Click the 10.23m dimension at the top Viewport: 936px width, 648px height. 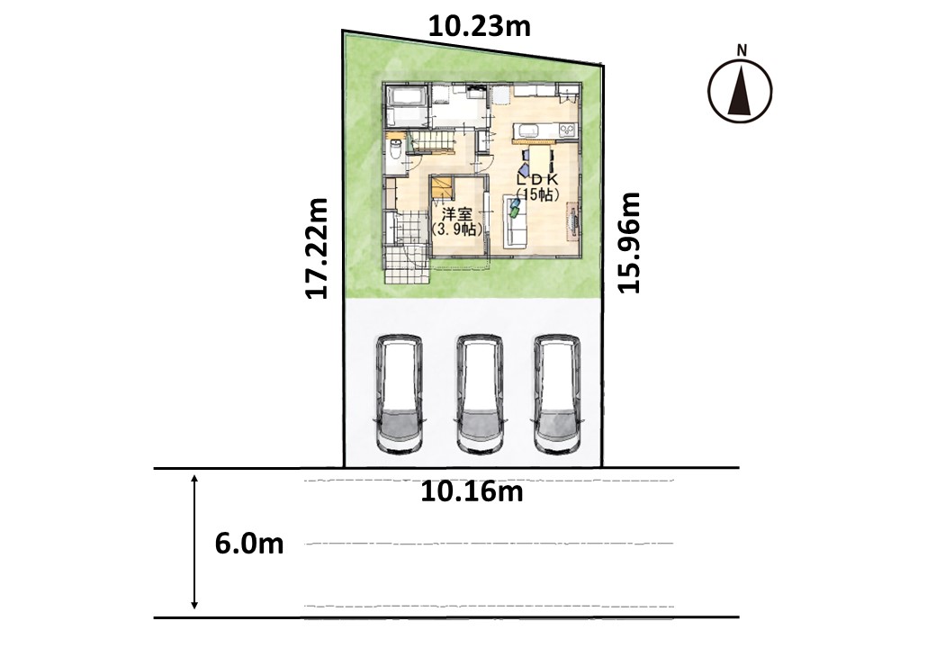[480, 27]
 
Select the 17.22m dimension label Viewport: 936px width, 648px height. [316, 248]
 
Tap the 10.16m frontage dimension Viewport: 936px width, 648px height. [472, 492]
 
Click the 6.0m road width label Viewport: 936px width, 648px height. [249, 544]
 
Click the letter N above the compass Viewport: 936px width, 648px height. [742, 50]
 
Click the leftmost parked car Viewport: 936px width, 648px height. [400, 394]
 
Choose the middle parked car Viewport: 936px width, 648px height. [480, 394]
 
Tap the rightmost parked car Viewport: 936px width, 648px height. [557, 394]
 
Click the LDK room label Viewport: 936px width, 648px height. [537, 178]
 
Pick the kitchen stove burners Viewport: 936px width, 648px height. [566, 130]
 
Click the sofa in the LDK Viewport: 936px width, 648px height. [517, 222]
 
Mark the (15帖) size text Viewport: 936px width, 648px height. [538, 193]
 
